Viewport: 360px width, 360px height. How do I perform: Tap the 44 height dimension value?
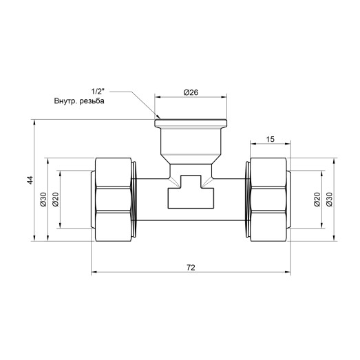[x=29, y=180]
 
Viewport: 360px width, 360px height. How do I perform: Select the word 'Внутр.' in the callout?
[x=67, y=101]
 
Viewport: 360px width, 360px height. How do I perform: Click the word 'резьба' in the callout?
[x=97, y=101]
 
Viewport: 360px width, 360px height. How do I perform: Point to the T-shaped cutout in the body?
[x=189, y=193]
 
